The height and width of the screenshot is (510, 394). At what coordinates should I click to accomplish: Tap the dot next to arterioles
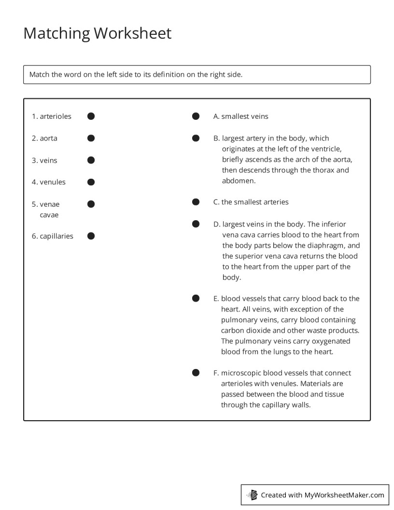(91, 116)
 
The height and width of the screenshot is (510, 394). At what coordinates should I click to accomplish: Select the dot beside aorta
(91, 138)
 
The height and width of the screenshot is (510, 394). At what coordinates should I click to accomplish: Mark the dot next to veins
(91, 160)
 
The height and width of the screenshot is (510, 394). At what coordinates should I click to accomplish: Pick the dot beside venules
(91, 182)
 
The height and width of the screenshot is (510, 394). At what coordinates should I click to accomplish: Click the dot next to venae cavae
(91, 204)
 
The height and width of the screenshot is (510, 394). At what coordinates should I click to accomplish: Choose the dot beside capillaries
(91, 236)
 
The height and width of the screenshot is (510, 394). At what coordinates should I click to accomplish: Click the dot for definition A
(196, 116)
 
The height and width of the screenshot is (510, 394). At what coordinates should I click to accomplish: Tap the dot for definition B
(196, 138)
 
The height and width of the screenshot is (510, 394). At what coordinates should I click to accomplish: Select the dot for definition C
(196, 202)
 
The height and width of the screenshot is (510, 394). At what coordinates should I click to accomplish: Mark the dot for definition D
(196, 224)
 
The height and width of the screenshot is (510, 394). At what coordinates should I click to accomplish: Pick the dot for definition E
(196, 298)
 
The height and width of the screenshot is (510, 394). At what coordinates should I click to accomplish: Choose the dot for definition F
(196, 373)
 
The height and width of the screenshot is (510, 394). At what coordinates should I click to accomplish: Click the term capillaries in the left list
(56, 236)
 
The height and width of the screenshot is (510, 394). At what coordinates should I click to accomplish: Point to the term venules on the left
(53, 182)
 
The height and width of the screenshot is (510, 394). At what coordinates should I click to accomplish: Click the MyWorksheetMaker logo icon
(252, 495)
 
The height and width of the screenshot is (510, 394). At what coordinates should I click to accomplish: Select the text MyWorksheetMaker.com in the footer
(344, 495)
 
